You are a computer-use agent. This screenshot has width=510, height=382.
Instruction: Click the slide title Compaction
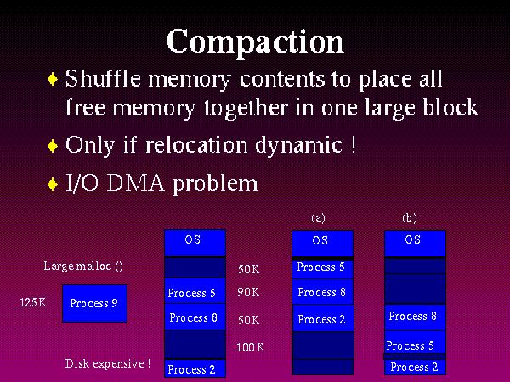pyautogui.click(x=255, y=40)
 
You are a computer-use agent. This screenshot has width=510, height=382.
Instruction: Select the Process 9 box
pyautogui.click(x=94, y=303)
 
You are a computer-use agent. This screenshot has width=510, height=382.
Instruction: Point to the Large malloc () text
pyautogui.click(x=83, y=266)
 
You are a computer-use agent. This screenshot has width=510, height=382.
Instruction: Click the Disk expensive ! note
pyautogui.click(x=108, y=364)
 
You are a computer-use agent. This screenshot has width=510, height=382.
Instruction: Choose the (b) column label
pyautogui.click(x=410, y=217)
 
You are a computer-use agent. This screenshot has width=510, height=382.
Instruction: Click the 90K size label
pyautogui.click(x=248, y=293)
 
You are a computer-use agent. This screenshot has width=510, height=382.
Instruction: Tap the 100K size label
pyautogui.click(x=250, y=347)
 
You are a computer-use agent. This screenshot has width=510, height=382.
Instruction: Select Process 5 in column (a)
pyautogui.click(x=321, y=267)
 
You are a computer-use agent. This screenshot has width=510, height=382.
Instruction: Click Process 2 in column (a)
pyautogui.click(x=321, y=319)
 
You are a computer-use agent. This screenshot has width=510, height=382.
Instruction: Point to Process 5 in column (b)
pyautogui.click(x=411, y=345)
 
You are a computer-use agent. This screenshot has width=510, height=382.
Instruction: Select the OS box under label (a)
pyautogui.click(x=321, y=242)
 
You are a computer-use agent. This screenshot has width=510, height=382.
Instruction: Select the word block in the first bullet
pyautogui.click(x=446, y=108)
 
